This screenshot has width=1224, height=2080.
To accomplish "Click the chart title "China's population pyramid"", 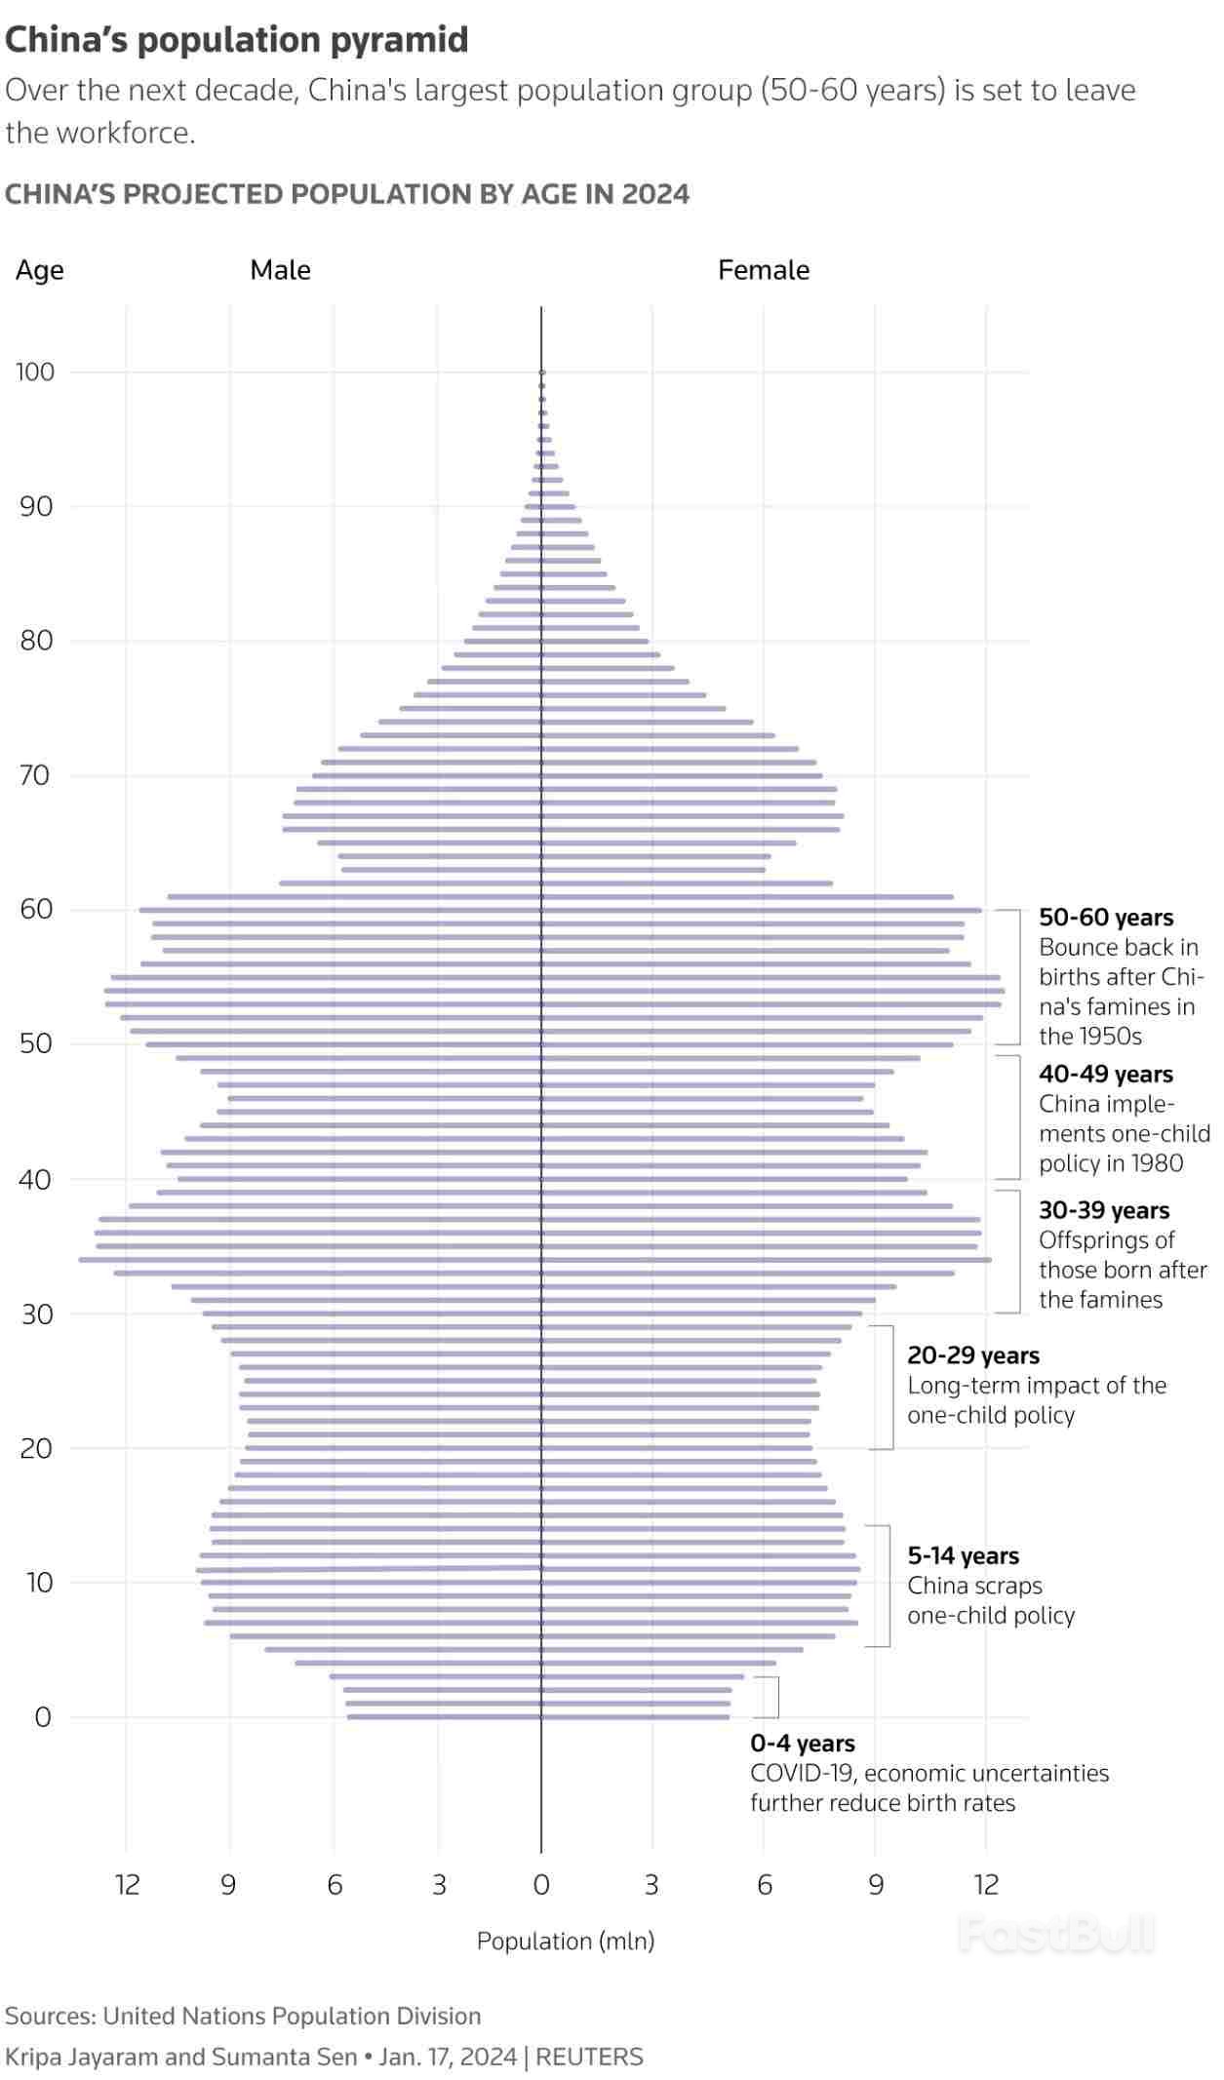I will (237, 40).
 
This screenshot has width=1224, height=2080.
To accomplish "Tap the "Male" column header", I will (280, 270).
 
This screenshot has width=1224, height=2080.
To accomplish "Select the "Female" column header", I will (763, 270).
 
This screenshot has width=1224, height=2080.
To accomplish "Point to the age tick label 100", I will (35, 372).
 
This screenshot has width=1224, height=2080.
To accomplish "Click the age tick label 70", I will (35, 775).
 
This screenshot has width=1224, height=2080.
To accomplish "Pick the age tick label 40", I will (35, 1180).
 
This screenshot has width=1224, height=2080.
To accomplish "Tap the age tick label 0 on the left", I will (42, 1717).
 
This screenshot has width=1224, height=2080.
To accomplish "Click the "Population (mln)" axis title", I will (565, 1941).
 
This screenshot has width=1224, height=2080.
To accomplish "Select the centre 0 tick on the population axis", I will (541, 1885).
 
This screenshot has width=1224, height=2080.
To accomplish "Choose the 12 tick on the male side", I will (127, 1885).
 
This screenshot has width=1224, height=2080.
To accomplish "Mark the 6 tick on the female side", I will (765, 1885).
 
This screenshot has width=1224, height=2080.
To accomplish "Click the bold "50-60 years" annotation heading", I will (1106, 918).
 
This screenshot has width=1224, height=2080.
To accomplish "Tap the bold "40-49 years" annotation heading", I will (1106, 1075).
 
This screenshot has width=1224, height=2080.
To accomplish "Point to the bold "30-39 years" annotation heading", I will (1104, 1210).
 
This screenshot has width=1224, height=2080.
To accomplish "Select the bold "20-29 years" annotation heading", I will (973, 1355).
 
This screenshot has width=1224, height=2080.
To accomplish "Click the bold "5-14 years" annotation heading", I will (963, 1555).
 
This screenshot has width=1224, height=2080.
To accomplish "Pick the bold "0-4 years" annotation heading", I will (803, 1744).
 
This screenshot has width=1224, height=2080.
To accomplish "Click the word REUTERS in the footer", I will (589, 2057).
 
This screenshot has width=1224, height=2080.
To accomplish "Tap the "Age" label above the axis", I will (39, 270).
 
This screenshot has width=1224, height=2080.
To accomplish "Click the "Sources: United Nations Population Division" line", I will (243, 2016).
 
